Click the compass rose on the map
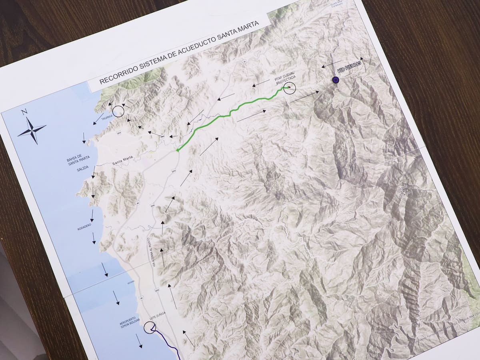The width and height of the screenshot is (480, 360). point(32,130)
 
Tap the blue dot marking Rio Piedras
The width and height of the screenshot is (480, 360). point(336,80)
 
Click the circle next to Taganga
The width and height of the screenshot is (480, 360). point(118,111)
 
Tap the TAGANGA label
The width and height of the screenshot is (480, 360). point(107,118)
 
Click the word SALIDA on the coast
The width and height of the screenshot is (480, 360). point(83,170)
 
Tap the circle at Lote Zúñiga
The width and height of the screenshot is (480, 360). point(150,328)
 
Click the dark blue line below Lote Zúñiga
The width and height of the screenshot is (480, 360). point(168,342)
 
